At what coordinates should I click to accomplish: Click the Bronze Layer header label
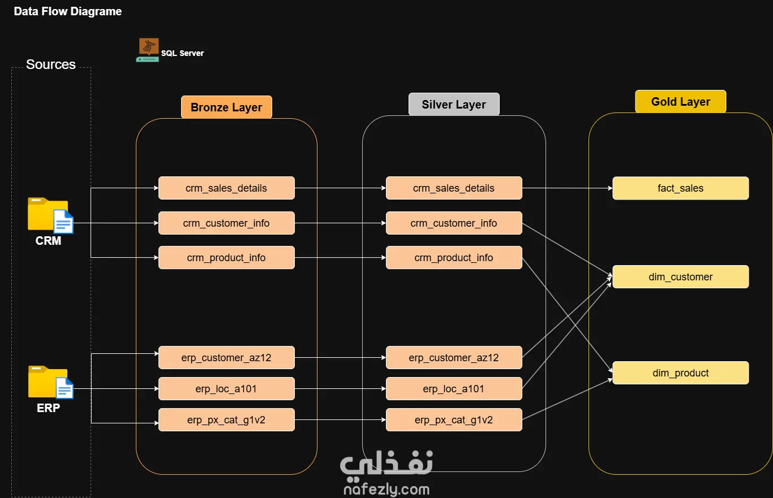pyautogui.click(x=226, y=107)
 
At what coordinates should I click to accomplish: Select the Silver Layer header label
pyautogui.click(x=454, y=105)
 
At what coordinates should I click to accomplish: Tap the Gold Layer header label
pyautogui.click(x=680, y=102)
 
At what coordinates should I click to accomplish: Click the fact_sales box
pyautogui.click(x=680, y=188)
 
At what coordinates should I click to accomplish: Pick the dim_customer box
pyautogui.click(x=680, y=277)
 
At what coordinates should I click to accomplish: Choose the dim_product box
pyautogui.click(x=680, y=373)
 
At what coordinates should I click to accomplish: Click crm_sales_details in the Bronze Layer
pyautogui.click(x=226, y=188)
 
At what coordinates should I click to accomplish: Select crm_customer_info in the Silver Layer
pyautogui.click(x=454, y=223)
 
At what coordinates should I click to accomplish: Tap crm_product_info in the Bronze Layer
pyautogui.click(x=226, y=258)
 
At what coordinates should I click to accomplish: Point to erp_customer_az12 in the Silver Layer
pyautogui.click(x=454, y=358)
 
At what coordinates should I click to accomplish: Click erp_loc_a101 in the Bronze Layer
pyautogui.click(x=226, y=389)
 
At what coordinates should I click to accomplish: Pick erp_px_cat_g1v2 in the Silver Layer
pyautogui.click(x=454, y=420)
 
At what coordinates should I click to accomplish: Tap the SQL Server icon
pyautogui.click(x=148, y=50)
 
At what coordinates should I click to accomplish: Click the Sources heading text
pyautogui.click(x=51, y=64)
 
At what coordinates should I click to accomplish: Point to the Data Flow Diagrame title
pyautogui.click(x=68, y=11)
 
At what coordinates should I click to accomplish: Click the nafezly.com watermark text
pyautogui.click(x=386, y=490)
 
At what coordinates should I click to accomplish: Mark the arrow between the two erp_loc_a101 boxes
pyautogui.click(x=340, y=389)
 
